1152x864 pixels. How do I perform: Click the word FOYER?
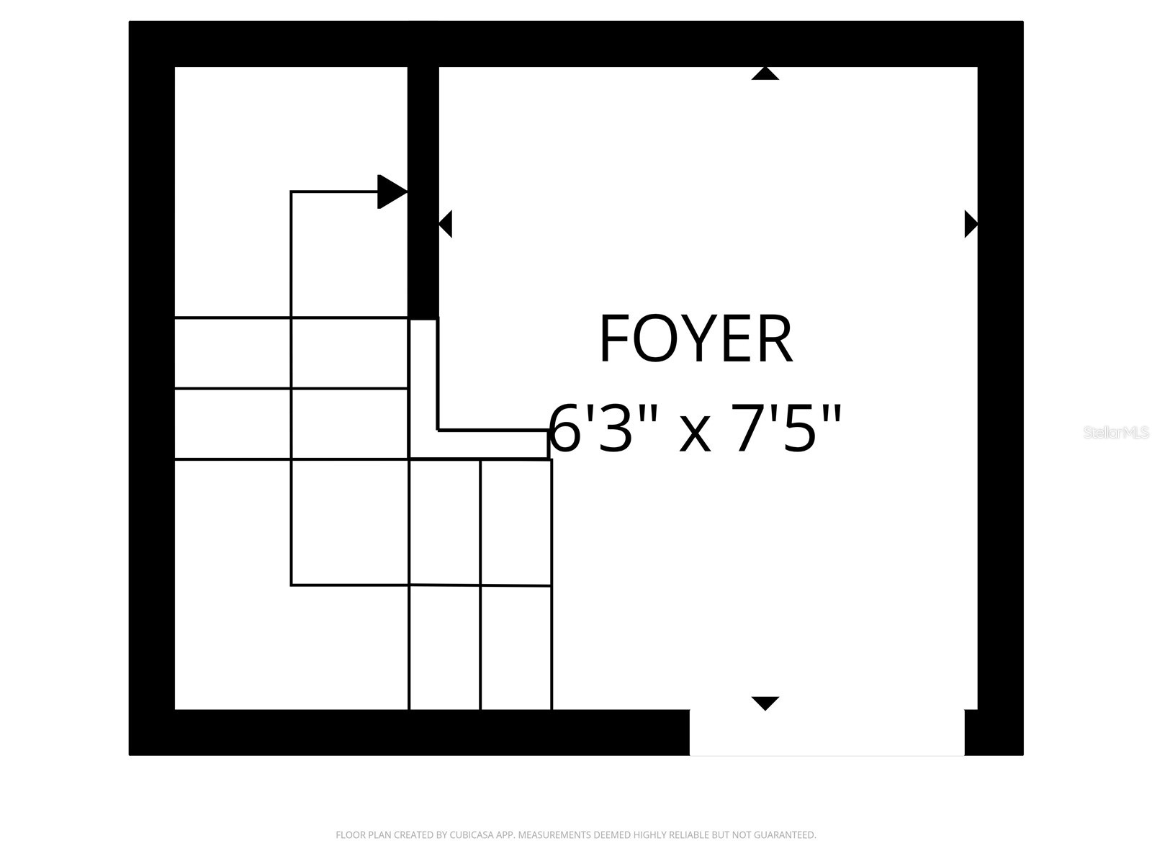(696, 338)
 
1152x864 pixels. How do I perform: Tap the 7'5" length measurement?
(786, 427)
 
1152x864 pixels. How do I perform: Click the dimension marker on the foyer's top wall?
(765, 73)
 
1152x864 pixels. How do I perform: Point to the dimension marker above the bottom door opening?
(765, 703)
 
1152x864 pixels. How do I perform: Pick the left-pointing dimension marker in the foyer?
(445, 224)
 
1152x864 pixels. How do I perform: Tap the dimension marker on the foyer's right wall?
(971, 224)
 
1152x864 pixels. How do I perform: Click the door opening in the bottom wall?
(827, 732)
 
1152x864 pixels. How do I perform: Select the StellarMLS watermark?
(1116, 432)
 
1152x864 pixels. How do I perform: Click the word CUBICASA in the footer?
(469, 834)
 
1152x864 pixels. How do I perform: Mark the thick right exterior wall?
(1000, 388)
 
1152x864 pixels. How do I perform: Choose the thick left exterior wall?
(152, 388)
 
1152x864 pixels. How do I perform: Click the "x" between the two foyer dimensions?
(695, 436)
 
